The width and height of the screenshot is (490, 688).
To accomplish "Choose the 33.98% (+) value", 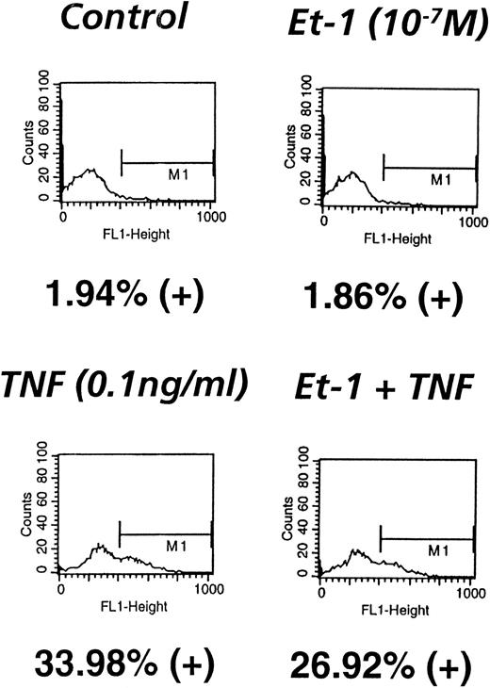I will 122,656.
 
